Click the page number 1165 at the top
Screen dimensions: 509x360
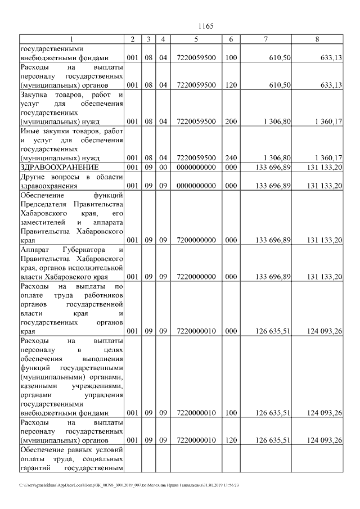[x=206, y=26]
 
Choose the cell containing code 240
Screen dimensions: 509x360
[x=231, y=158]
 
